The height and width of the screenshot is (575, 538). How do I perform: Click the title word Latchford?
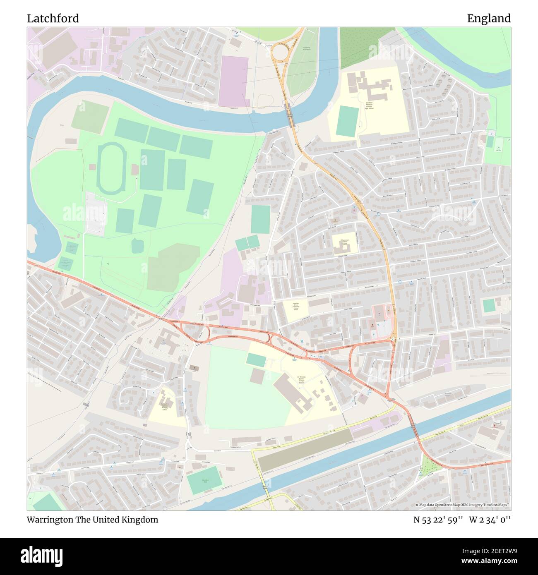point(53,19)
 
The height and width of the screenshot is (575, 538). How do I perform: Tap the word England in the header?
point(489,19)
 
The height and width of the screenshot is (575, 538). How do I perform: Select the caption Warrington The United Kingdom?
point(92,520)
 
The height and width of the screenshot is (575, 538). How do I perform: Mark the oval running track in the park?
point(109,169)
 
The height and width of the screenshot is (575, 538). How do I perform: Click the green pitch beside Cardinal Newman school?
point(347,121)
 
